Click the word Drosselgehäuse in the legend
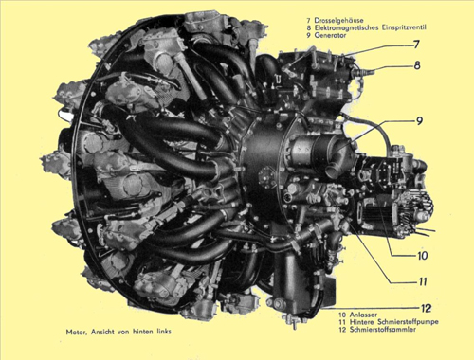(338, 21)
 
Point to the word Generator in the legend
(330, 35)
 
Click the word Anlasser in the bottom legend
(363, 315)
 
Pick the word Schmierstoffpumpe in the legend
(408, 322)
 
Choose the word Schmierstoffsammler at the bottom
(383, 330)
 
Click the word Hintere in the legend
(362, 322)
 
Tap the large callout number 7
(417, 45)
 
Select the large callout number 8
(417, 65)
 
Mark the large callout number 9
(419, 121)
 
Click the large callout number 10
(423, 255)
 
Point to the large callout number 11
(423, 281)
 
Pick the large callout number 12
(427, 308)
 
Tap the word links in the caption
(164, 332)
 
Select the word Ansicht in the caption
(102, 332)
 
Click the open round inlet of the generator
(333, 171)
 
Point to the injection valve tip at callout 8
(373, 73)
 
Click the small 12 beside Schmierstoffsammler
(342, 330)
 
